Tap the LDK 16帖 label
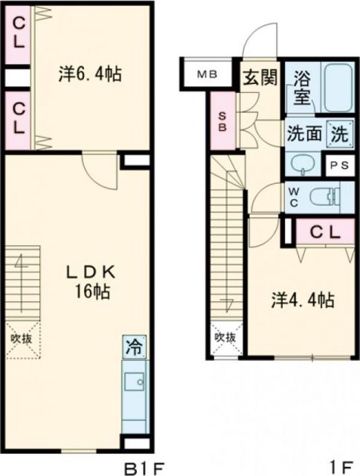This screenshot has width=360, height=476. (x=91, y=281)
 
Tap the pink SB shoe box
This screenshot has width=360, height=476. (x=222, y=121)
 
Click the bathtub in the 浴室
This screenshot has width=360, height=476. (x=331, y=88)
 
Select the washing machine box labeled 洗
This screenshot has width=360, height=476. (x=337, y=135)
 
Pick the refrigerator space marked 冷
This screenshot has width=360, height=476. (x=135, y=346)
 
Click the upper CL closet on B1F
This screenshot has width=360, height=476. (x=17, y=33)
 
